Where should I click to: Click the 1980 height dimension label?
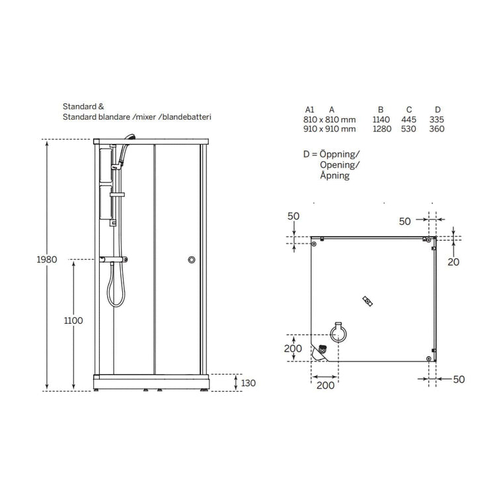pyautogui.click(x=47, y=260)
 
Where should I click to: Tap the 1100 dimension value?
pyautogui.click(x=73, y=321)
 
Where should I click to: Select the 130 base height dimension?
pyautogui.click(x=249, y=383)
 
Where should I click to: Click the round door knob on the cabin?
pyautogui.click(x=192, y=260)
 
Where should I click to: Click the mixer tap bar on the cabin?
pyautogui.click(x=114, y=260)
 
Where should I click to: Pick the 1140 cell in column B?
pyautogui.click(x=381, y=120)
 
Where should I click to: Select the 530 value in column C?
pyautogui.click(x=408, y=129)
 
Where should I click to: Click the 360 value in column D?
pyautogui.click(x=437, y=129)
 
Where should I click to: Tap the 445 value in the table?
pyautogui.click(x=408, y=120)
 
